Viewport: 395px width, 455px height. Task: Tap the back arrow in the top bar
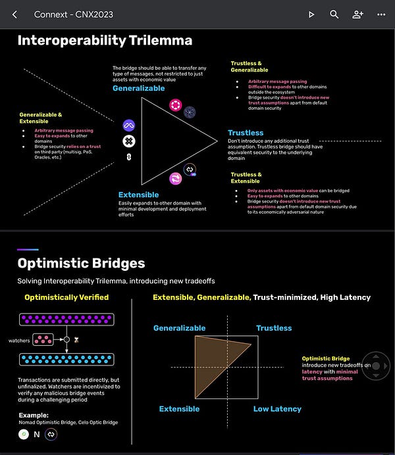pos(15,14)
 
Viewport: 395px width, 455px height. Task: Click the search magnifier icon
pos(334,14)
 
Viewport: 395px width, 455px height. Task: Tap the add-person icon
pos(357,14)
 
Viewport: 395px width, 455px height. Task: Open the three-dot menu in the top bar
pos(381,14)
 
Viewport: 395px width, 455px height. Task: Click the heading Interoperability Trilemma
pos(105,41)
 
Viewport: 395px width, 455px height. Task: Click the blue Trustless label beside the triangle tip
pos(246,133)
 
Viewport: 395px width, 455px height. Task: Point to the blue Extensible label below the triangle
pos(138,195)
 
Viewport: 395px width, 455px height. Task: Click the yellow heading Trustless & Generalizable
pos(250,66)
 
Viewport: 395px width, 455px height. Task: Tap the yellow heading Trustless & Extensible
pos(246,178)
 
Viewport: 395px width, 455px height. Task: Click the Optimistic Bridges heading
pos(81,264)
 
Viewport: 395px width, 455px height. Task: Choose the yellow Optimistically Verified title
pos(66,297)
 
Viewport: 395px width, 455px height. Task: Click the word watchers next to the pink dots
pos(19,341)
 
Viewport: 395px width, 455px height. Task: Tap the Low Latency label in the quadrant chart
pos(277,409)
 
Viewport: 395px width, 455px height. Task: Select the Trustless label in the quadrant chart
pos(274,328)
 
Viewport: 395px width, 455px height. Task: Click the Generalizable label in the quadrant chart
pos(179,328)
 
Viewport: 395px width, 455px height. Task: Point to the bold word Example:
pos(34,416)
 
